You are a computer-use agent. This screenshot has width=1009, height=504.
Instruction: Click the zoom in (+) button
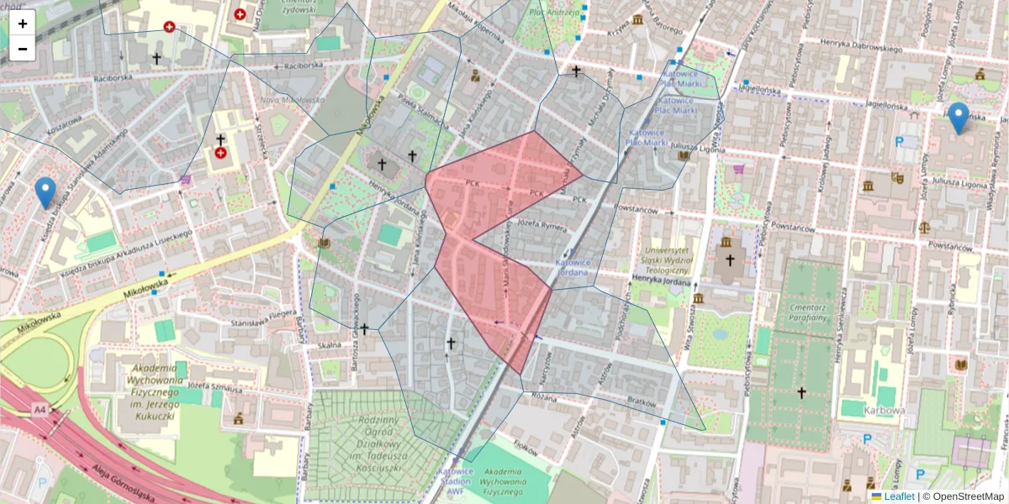[x=23, y=23]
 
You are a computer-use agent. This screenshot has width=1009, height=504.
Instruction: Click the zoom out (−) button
[x=23, y=49]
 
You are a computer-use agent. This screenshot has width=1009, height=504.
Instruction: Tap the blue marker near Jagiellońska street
[x=958, y=118]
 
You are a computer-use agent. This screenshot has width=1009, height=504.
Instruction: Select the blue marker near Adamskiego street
[x=45, y=192]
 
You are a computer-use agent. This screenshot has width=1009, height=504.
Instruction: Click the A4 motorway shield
[x=40, y=409]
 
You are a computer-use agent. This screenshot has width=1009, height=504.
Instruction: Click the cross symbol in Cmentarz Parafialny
[x=801, y=392]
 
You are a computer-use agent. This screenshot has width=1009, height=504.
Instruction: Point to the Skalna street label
[x=330, y=344]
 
